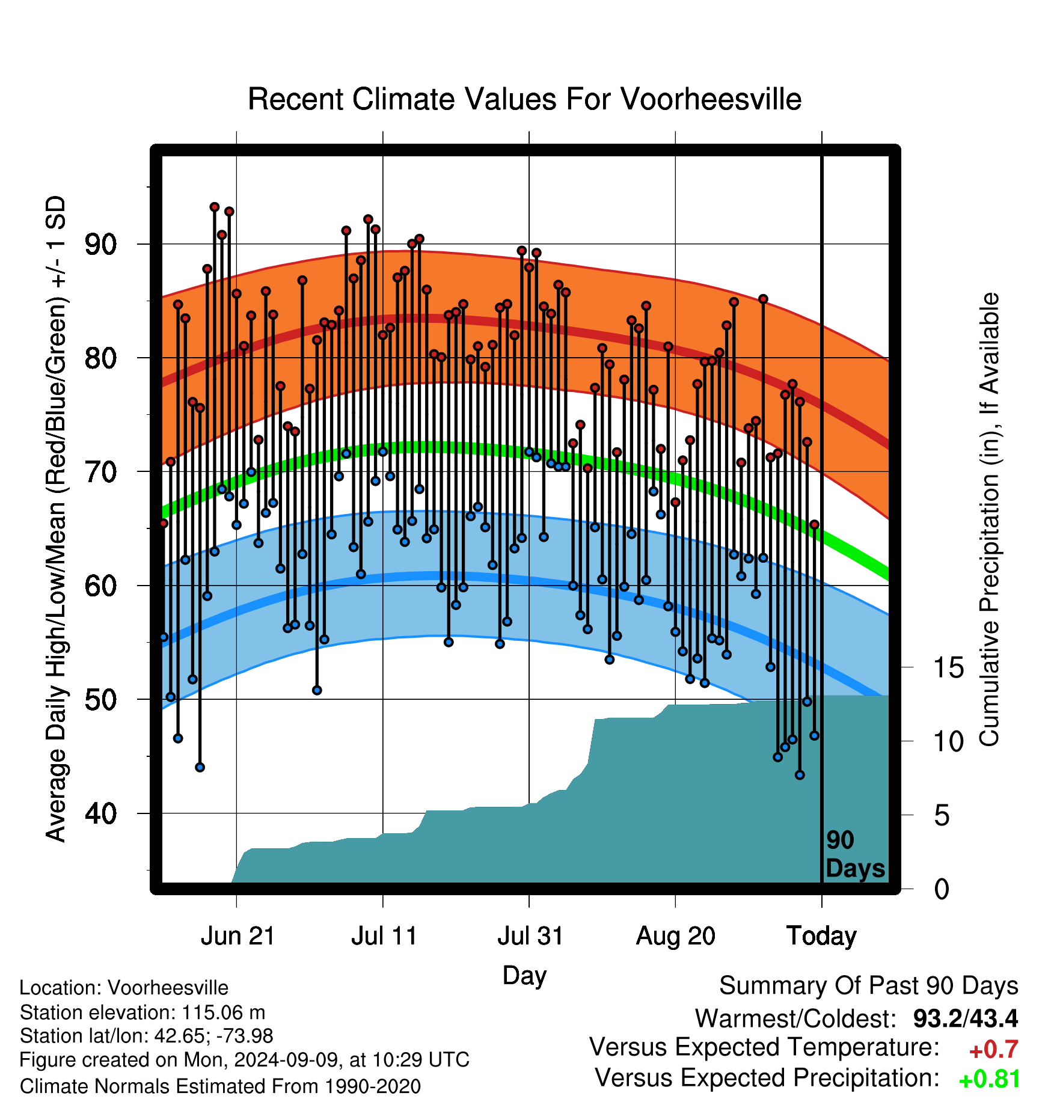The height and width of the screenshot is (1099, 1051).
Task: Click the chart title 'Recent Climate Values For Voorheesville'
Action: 524,99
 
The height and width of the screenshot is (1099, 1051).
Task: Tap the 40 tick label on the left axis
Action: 100,813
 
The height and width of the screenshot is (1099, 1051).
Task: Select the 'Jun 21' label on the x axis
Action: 237,936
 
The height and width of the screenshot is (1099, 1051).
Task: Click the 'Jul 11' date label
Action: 384,936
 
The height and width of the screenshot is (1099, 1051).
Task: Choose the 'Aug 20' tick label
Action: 676,936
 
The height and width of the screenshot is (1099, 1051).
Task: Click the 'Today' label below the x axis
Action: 821,936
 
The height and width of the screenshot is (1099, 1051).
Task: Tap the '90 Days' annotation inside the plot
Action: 855,854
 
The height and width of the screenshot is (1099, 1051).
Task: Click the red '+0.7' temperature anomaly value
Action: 993,1050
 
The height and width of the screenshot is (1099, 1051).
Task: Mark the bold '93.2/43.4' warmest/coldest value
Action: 966,1018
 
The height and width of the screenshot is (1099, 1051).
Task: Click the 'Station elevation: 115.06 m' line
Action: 142,1012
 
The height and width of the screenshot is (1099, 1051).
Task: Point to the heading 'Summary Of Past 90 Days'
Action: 869,986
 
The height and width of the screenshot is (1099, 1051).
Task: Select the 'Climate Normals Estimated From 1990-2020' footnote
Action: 220,1086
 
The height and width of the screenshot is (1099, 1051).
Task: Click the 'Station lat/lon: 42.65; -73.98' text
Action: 147,1036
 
